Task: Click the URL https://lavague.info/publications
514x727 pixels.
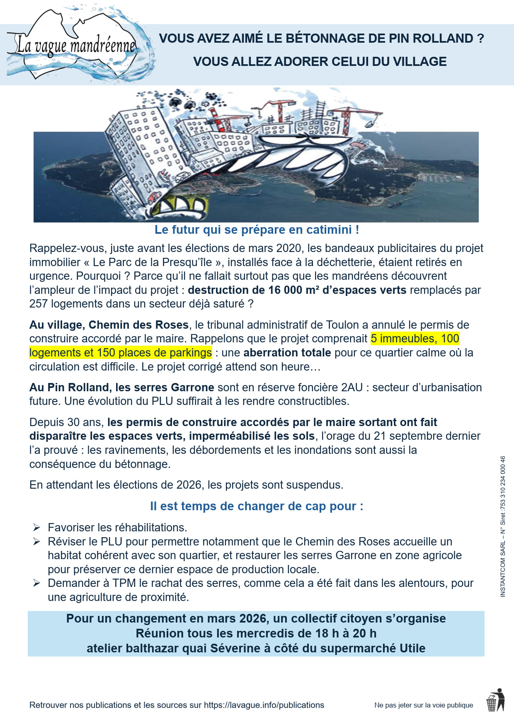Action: (x=264, y=705)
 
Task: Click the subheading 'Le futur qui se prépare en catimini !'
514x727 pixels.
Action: (x=257, y=230)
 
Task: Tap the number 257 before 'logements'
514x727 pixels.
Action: (x=38, y=304)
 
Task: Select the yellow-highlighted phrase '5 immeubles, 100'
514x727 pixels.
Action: (x=415, y=339)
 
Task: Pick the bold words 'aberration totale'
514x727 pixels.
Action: (x=287, y=353)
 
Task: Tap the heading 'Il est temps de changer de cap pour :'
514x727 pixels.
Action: (x=257, y=506)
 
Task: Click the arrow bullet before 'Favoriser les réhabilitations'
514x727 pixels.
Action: (x=37, y=528)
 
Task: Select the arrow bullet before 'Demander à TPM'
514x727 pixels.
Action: (x=37, y=583)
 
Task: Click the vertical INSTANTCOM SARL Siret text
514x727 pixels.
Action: (x=503, y=526)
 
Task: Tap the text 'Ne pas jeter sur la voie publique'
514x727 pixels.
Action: (x=423, y=705)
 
